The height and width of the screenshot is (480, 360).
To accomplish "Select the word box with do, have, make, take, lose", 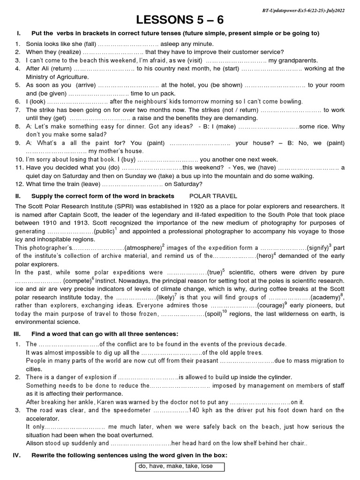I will click(180, 467).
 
